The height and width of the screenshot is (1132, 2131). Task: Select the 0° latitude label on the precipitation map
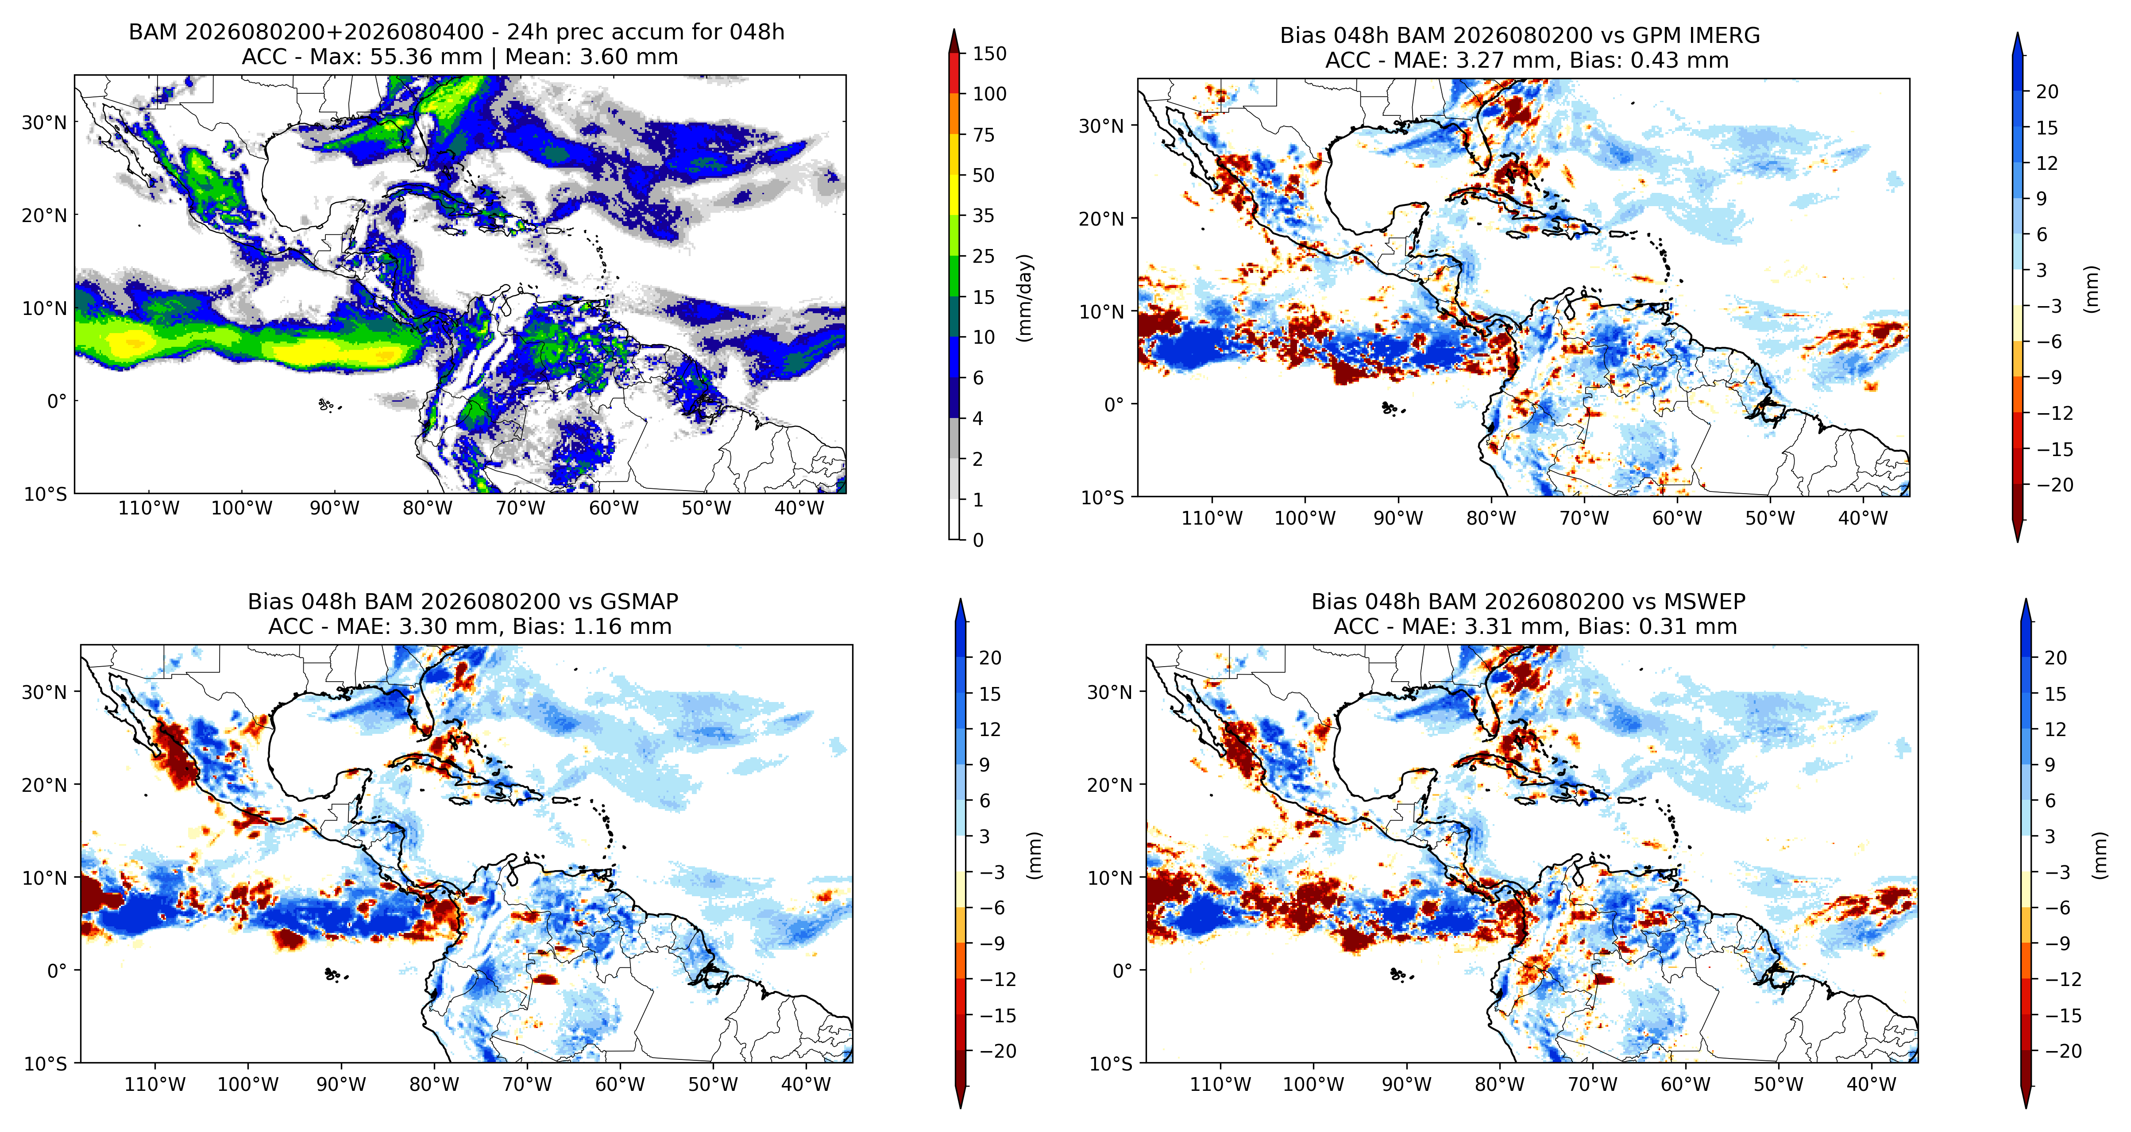[56, 401]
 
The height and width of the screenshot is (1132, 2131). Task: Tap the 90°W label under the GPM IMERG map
[1398, 518]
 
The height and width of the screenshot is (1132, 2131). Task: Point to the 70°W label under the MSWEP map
[1592, 1084]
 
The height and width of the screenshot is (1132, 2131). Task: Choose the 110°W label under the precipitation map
[148, 508]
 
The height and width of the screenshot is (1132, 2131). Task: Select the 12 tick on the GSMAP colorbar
[989, 729]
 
